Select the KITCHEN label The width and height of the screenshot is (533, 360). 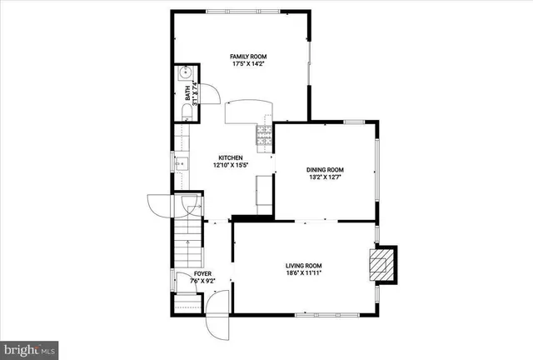coord(230,157)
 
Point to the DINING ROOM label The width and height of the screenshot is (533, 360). coord(326,168)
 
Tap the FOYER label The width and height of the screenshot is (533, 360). coord(202,273)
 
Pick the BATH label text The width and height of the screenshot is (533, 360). coord(187,89)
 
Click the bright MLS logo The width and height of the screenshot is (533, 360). coord(29,348)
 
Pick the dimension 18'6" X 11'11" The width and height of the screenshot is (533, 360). coord(302,272)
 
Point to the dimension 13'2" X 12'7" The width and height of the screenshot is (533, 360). coord(326,176)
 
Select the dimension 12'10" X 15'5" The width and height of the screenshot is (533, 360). coord(230,165)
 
